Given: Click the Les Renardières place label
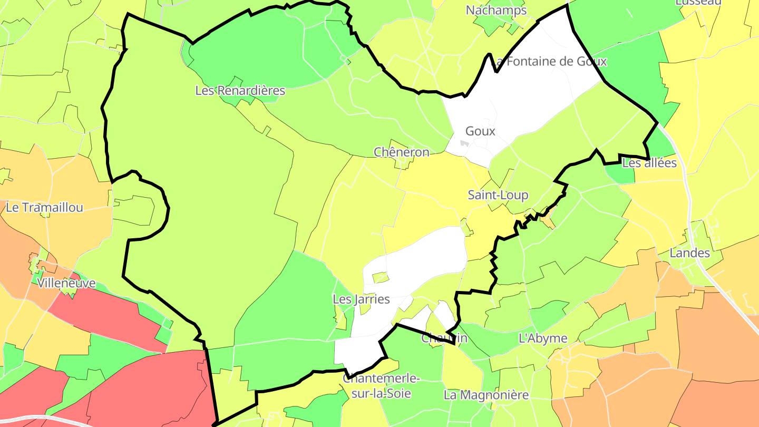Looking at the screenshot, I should pyautogui.click(x=240, y=91).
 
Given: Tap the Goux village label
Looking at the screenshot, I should pyautogui.click(x=480, y=131).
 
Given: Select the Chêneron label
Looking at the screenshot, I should pyautogui.click(x=402, y=152).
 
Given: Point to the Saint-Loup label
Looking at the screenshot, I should pyautogui.click(x=498, y=195).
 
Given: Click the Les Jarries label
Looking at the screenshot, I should pyautogui.click(x=361, y=299).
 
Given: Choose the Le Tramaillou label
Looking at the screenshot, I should pyautogui.click(x=44, y=208).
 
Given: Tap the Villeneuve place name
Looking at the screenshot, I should pyautogui.click(x=66, y=283).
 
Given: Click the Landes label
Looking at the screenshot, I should pyautogui.click(x=689, y=253).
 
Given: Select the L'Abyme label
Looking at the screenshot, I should pyautogui.click(x=543, y=338).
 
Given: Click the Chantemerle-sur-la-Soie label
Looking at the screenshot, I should pyautogui.click(x=381, y=386).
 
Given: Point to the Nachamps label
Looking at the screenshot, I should pyautogui.click(x=496, y=10).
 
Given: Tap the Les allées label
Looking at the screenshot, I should pyautogui.click(x=649, y=163).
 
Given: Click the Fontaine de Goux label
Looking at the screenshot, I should pyautogui.click(x=551, y=62).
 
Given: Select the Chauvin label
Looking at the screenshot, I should pyautogui.click(x=444, y=338).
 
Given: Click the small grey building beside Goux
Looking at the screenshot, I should pyautogui.click(x=464, y=143).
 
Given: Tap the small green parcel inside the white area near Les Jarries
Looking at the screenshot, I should pyautogui.click(x=380, y=277).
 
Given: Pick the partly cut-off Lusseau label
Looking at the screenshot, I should pyautogui.click(x=698, y=3).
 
